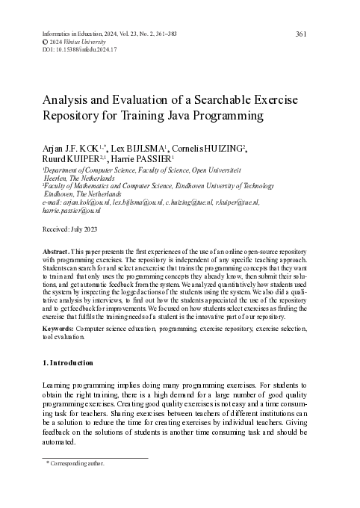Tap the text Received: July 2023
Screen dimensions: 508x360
(x=69, y=229)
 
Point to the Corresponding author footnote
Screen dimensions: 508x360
(x=77, y=463)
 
